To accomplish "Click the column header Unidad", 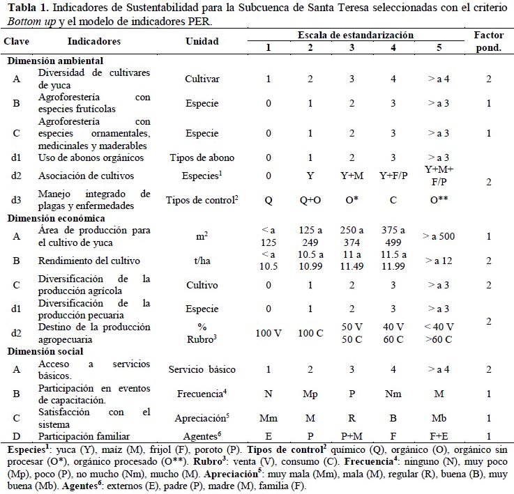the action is (x=202, y=41).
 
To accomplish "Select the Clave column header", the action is (x=17, y=41).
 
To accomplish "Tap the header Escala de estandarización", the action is (x=356, y=35).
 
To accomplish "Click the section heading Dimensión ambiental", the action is (x=55, y=61).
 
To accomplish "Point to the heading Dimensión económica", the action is (x=56, y=219).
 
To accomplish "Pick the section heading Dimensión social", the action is (x=45, y=351).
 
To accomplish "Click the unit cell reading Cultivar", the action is (x=202, y=79).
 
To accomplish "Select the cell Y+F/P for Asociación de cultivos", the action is (x=393, y=176).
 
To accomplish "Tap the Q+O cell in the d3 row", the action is (x=310, y=200).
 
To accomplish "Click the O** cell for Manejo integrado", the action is (x=439, y=199).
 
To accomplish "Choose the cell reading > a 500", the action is (x=439, y=236).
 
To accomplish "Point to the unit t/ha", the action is (x=202, y=261).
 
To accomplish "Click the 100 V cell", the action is (x=269, y=333).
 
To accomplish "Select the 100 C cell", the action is (x=310, y=333).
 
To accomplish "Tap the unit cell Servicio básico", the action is (x=202, y=369).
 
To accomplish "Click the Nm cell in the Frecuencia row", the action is (x=393, y=394).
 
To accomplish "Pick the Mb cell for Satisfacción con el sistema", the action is (x=439, y=418).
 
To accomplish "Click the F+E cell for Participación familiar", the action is (x=439, y=436).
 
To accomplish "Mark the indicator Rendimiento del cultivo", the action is (x=89, y=261).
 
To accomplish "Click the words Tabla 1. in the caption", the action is (x=28, y=8).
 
